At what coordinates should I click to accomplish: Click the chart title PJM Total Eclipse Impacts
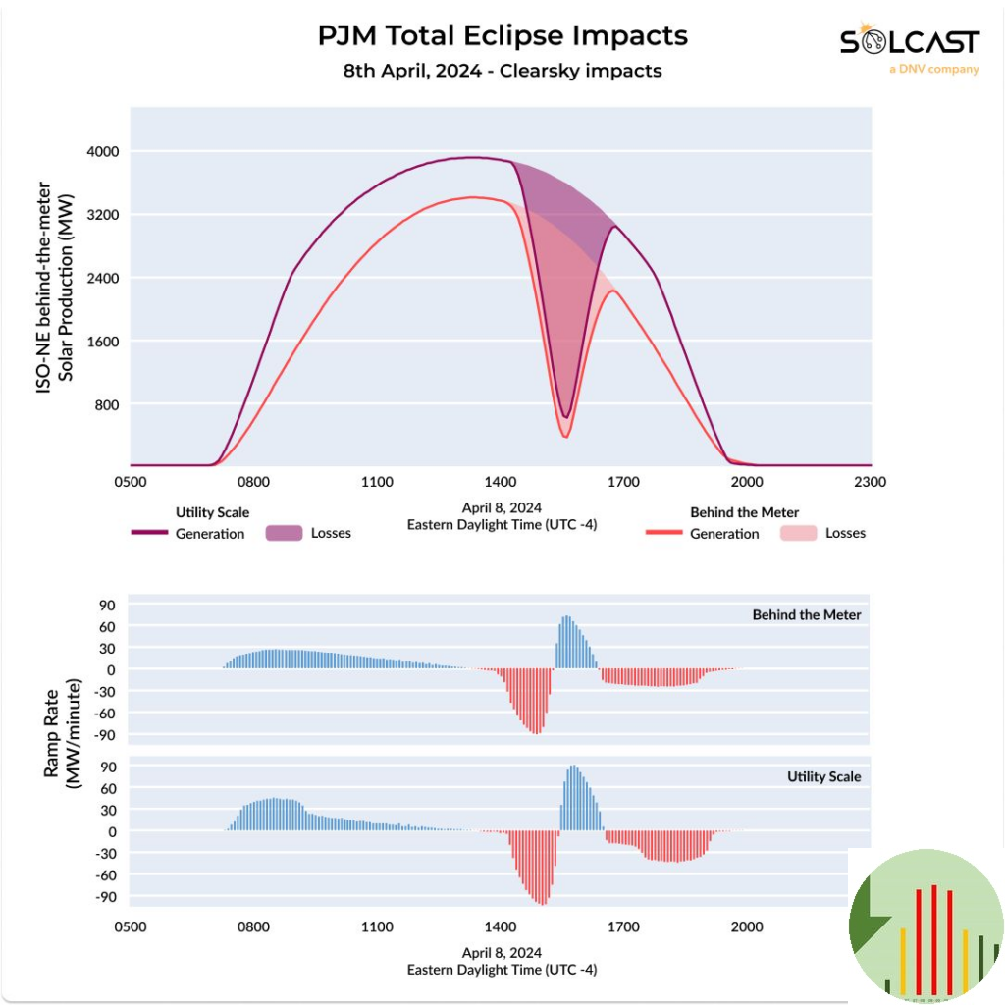502,35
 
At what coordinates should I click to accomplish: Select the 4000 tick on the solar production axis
100,151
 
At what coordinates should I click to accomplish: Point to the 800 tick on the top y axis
105,404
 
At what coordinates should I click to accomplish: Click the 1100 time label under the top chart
377,482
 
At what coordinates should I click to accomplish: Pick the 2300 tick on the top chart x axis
870,482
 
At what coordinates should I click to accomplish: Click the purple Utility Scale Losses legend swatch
282,533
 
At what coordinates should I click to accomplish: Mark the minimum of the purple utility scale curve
564,416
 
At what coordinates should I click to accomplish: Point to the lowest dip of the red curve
565,436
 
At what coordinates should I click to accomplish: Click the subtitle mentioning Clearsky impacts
502,71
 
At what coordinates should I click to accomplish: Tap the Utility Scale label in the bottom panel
823,776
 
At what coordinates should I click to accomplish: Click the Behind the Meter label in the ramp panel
807,615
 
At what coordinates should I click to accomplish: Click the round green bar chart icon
926,926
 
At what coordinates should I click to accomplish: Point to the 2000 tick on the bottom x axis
747,926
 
